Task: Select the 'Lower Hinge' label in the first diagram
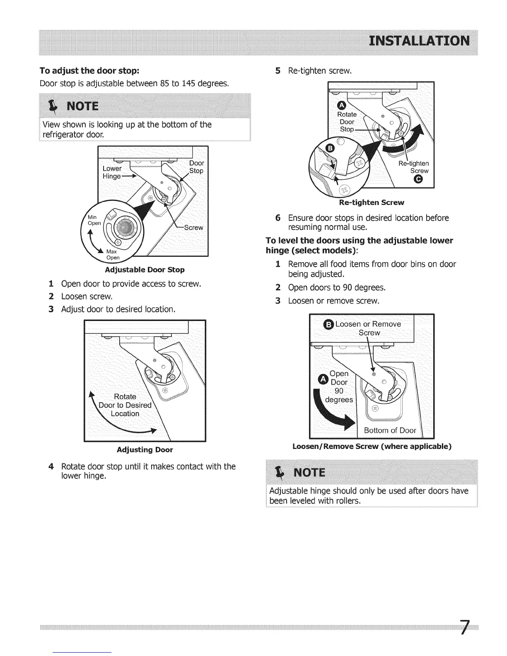[112, 172]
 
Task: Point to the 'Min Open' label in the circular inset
[94, 220]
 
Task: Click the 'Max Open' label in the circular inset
[112, 255]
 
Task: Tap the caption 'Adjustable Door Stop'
[145, 270]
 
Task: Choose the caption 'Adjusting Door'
[145, 449]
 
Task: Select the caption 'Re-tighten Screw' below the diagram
[371, 203]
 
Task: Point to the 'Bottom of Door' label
[390, 430]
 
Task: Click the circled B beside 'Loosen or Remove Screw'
[328, 325]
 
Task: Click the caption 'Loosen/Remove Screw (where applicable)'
[372, 446]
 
